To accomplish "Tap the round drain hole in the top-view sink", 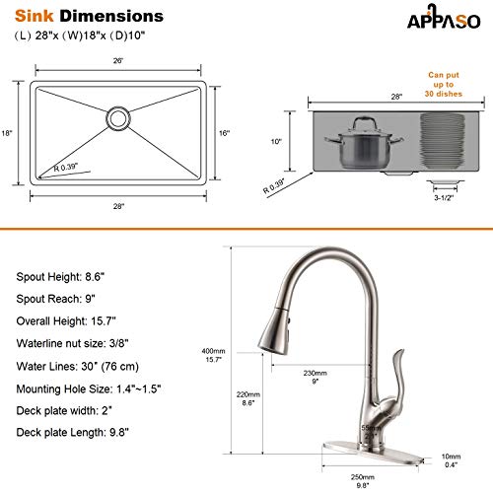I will [x=119, y=118].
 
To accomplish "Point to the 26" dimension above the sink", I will [x=119, y=61].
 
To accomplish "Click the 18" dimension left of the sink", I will [x=7, y=134].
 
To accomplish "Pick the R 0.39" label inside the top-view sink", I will [x=68, y=168].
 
